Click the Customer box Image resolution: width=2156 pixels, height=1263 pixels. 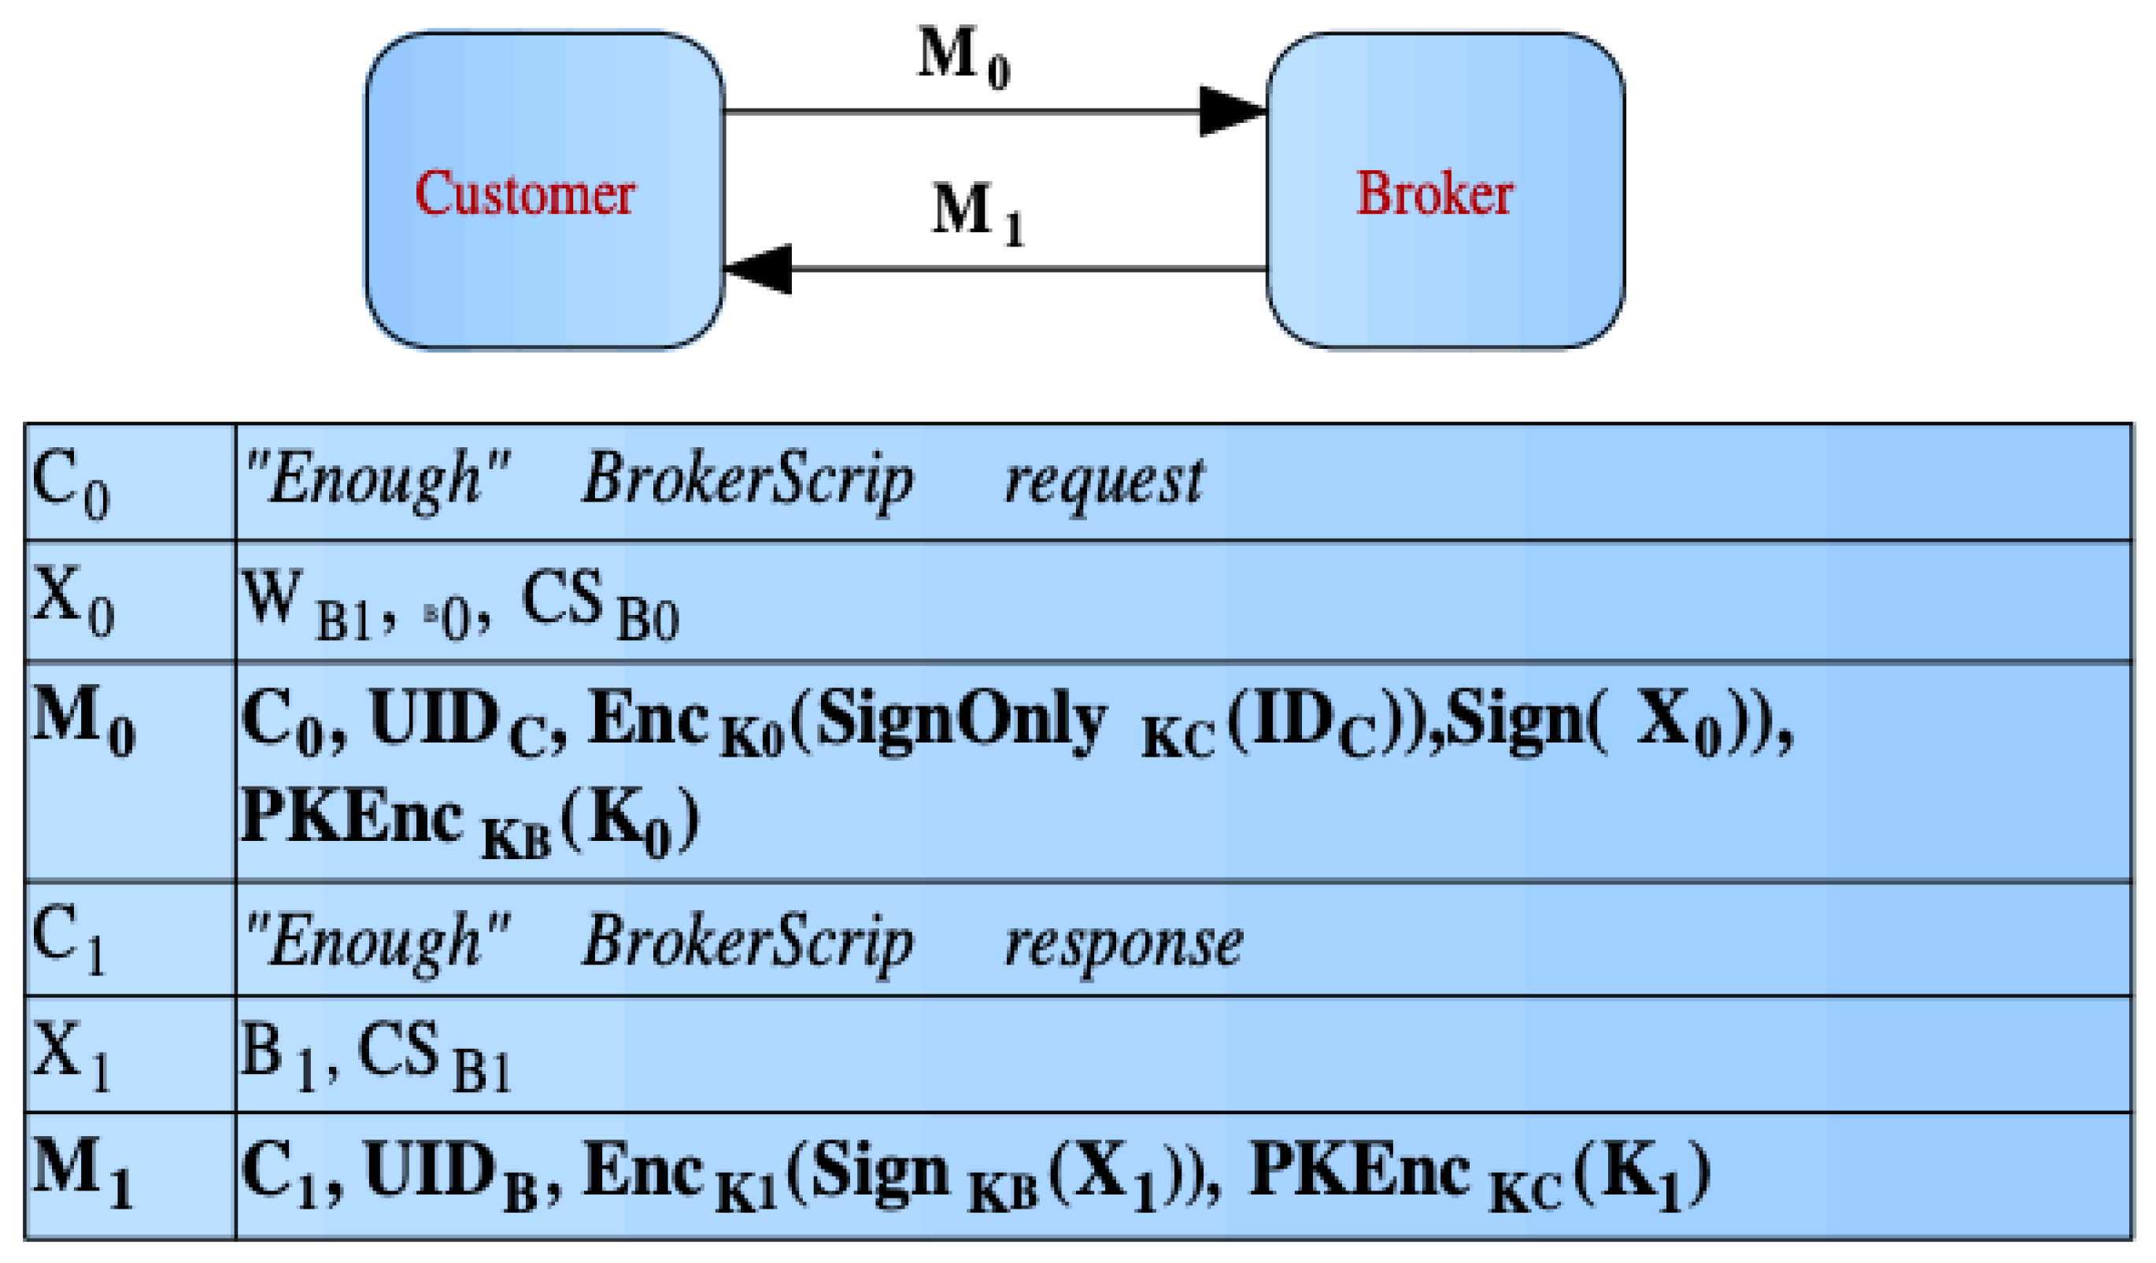click(544, 191)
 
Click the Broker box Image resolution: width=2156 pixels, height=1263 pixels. click(1444, 191)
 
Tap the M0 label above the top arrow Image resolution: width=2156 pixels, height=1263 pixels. click(963, 57)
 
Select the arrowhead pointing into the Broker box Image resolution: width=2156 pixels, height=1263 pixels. click(1232, 111)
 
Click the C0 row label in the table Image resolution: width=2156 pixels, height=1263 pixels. click(70, 484)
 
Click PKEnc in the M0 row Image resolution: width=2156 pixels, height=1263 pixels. click(352, 817)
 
